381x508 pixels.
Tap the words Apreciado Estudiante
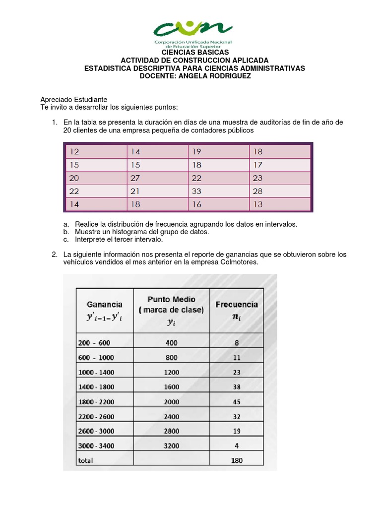[73, 100]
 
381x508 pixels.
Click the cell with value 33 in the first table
[197, 191]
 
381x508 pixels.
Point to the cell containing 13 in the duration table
[257, 204]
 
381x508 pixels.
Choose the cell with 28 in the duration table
[257, 191]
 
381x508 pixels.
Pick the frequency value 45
[237, 401]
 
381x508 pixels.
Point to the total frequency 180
[237, 460]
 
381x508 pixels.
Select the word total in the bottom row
[85, 460]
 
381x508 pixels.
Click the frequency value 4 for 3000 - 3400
[237, 445]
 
